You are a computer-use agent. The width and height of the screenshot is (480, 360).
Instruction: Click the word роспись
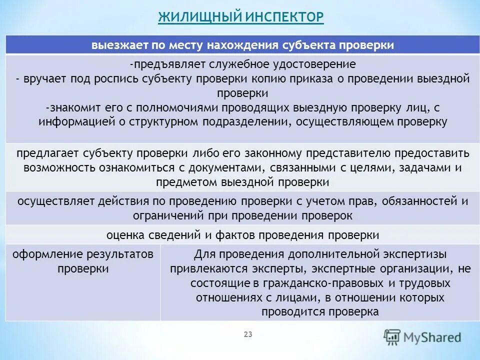click(119, 79)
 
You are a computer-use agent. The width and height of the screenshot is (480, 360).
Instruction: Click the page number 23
click(248, 334)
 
